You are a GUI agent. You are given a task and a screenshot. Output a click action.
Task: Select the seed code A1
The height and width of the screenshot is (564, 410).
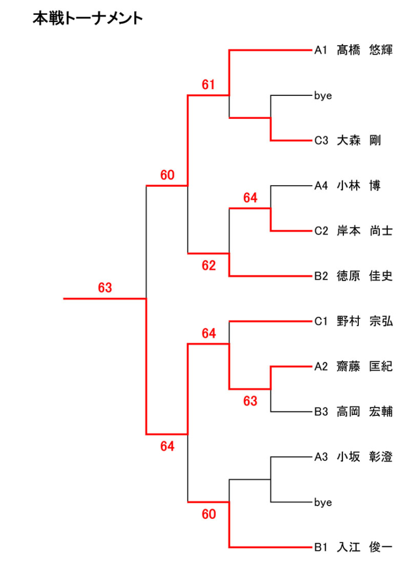pyautogui.click(x=321, y=50)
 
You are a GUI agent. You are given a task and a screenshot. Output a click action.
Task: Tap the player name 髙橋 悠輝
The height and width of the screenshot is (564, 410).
pyautogui.click(x=364, y=50)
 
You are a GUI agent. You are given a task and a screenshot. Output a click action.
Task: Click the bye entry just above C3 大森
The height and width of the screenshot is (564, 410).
pyautogui.click(x=323, y=96)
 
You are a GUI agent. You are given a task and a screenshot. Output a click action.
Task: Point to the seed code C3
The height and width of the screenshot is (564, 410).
pyautogui.click(x=321, y=141)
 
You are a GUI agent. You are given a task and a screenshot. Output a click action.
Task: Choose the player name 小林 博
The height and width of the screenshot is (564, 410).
pyautogui.click(x=358, y=186)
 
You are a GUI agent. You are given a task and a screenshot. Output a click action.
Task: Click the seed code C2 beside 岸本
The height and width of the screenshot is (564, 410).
pyautogui.click(x=321, y=231)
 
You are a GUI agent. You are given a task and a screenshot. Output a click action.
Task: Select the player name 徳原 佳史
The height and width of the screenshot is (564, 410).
pyautogui.click(x=364, y=276)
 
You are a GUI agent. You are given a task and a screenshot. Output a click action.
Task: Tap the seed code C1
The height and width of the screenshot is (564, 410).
pyautogui.click(x=321, y=322)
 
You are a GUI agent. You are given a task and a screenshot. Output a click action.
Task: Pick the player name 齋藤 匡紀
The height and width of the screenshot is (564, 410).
pyautogui.click(x=364, y=367)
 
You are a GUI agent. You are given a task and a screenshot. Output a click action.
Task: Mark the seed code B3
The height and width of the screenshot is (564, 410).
pyautogui.click(x=321, y=412)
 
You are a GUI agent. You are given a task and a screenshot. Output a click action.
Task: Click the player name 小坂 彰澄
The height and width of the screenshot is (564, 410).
pyautogui.click(x=364, y=457)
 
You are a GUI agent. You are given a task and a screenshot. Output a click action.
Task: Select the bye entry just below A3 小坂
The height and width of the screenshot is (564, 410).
pyautogui.click(x=323, y=502)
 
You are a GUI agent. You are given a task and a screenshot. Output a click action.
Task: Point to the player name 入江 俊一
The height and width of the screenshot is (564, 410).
pyautogui.click(x=364, y=547)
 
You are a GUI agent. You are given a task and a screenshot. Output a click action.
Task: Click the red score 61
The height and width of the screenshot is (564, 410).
pyautogui.click(x=208, y=85)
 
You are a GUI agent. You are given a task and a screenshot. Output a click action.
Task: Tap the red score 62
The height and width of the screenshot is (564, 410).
pyautogui.click(x=208, y=266)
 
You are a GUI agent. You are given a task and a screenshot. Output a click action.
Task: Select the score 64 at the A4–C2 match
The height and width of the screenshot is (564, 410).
pyautogui.click(x=250, y=198)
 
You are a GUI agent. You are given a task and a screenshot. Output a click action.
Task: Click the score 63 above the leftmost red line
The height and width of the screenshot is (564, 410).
pyautogui.click(x=105, y=288)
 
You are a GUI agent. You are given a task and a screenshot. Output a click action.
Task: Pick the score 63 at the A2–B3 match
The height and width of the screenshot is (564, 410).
pyautogui.click(x=250, y=402)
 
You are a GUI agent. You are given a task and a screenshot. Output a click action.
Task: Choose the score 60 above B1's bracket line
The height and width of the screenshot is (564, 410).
pyautogui.click(x=208, y=515)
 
